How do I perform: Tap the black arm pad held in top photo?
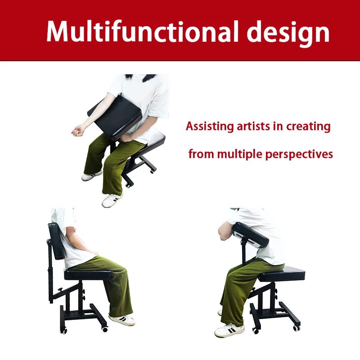115,115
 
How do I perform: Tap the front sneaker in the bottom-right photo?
229,331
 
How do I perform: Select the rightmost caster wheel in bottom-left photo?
105,329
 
